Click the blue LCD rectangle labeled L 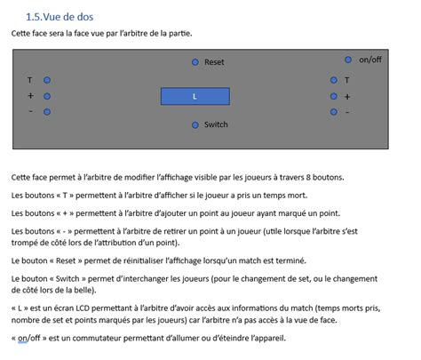[x=195, y=96]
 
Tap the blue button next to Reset [x=195, y=62]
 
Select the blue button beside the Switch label [x=195, y=124]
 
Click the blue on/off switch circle [x=348, y=60]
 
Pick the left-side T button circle [x=47, y=80]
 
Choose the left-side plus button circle [x=47, y=96]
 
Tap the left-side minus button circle [x=47, y=112]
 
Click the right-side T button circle [x=333, y=80]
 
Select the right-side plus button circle [x=333, y=96]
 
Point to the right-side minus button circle [x=333, y=112]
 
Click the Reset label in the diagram [x=214, y=62]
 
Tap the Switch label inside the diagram [x=216, y=124]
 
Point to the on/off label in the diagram [x=370, y=60]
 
